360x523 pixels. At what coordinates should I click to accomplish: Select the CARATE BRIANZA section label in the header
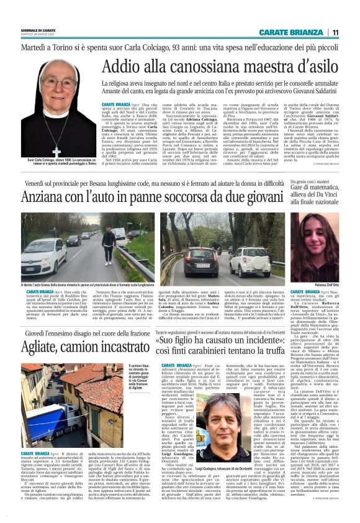click(x=292, y=32)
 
